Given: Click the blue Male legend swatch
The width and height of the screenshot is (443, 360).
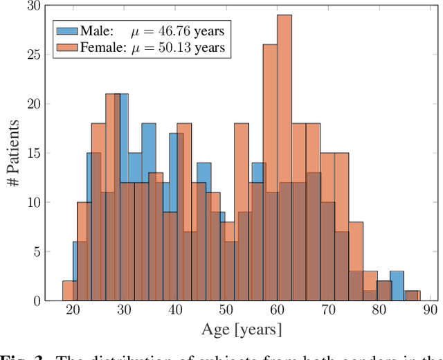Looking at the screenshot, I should coord(67,30).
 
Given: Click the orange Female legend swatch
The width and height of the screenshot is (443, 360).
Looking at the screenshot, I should coord(67,48).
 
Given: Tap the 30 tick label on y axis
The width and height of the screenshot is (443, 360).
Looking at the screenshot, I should coord(33,6).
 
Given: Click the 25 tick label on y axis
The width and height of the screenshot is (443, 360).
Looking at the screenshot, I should coord(33,55).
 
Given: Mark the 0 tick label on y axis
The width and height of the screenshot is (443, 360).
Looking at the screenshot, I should coord(37,300).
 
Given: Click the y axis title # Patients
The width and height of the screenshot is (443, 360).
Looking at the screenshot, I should coord(12,153).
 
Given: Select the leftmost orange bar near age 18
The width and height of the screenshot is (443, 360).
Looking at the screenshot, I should coord(69,291).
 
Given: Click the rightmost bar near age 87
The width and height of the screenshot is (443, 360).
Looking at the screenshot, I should coord(413,296).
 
